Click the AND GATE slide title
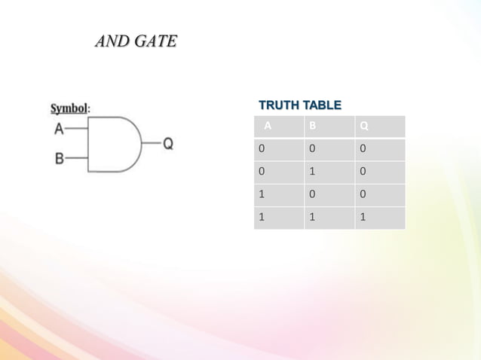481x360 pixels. (136, 41)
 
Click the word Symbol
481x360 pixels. (69, 108)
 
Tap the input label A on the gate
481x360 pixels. (58, 127)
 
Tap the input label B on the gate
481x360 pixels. (58, 159)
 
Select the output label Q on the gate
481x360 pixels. (168, 143)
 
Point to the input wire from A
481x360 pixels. (77, 128)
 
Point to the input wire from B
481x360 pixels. (77, 159)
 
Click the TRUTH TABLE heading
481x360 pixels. (299, 105)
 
